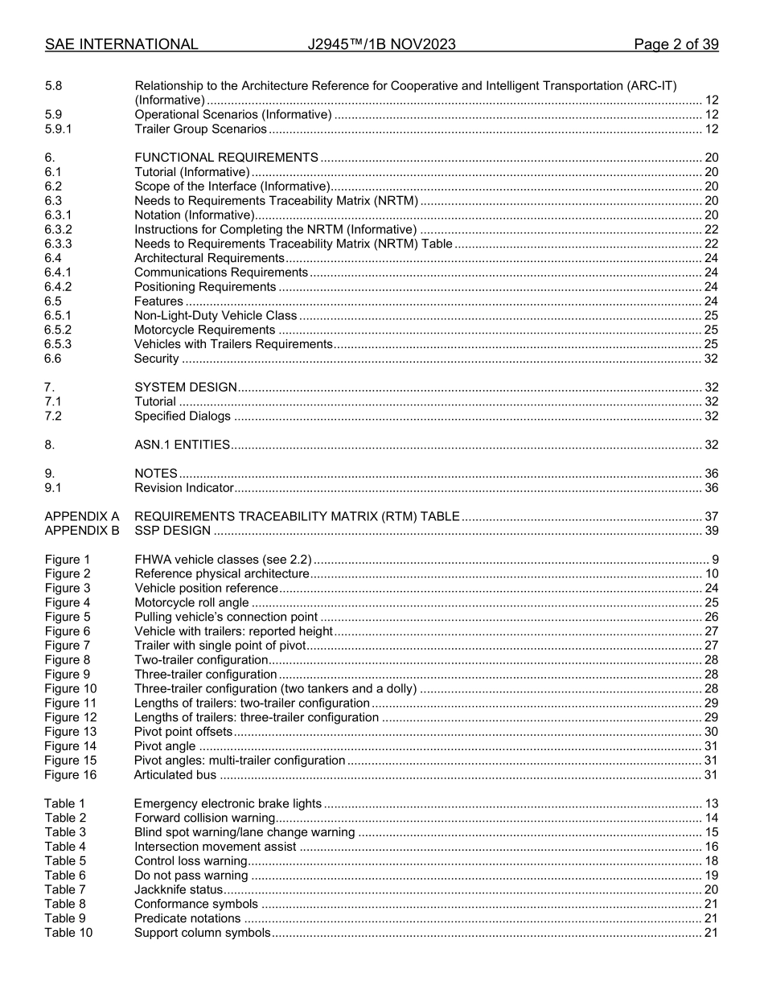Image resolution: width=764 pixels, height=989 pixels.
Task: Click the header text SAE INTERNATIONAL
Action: [x=121, y=44]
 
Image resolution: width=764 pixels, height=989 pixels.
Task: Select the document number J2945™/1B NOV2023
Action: [x=381, y=44]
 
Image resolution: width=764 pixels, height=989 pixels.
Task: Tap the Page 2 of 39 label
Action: [x=676, y=44]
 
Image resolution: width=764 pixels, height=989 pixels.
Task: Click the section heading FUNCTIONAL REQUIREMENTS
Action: [x=226, y=158]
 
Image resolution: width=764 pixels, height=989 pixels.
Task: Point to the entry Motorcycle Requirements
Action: [x=204, y=330]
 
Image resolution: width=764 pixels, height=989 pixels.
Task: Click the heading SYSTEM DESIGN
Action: [x=185, y=387]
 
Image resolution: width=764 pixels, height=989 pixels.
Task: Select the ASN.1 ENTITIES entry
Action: [x=182, y=445]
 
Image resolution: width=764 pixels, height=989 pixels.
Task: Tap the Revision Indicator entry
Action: [x=183, y=488]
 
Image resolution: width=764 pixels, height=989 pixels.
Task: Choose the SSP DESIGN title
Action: [x=172, y=531]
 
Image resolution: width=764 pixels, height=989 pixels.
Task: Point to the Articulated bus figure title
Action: [x=175, y=775]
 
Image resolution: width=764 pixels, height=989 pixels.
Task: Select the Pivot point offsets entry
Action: [x=183, y=732]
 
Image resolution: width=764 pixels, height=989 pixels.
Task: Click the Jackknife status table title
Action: [x=178, y=890]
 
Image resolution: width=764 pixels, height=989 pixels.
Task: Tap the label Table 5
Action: [x=64, y=861]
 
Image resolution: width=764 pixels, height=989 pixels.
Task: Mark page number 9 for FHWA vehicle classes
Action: [x=715, y=560]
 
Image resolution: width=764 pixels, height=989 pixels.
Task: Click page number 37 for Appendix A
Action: [x=711, y=516]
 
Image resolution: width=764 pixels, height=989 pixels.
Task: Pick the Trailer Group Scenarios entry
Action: [x=200, y=129]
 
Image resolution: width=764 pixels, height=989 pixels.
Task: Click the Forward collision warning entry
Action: [x=204, y=819]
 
